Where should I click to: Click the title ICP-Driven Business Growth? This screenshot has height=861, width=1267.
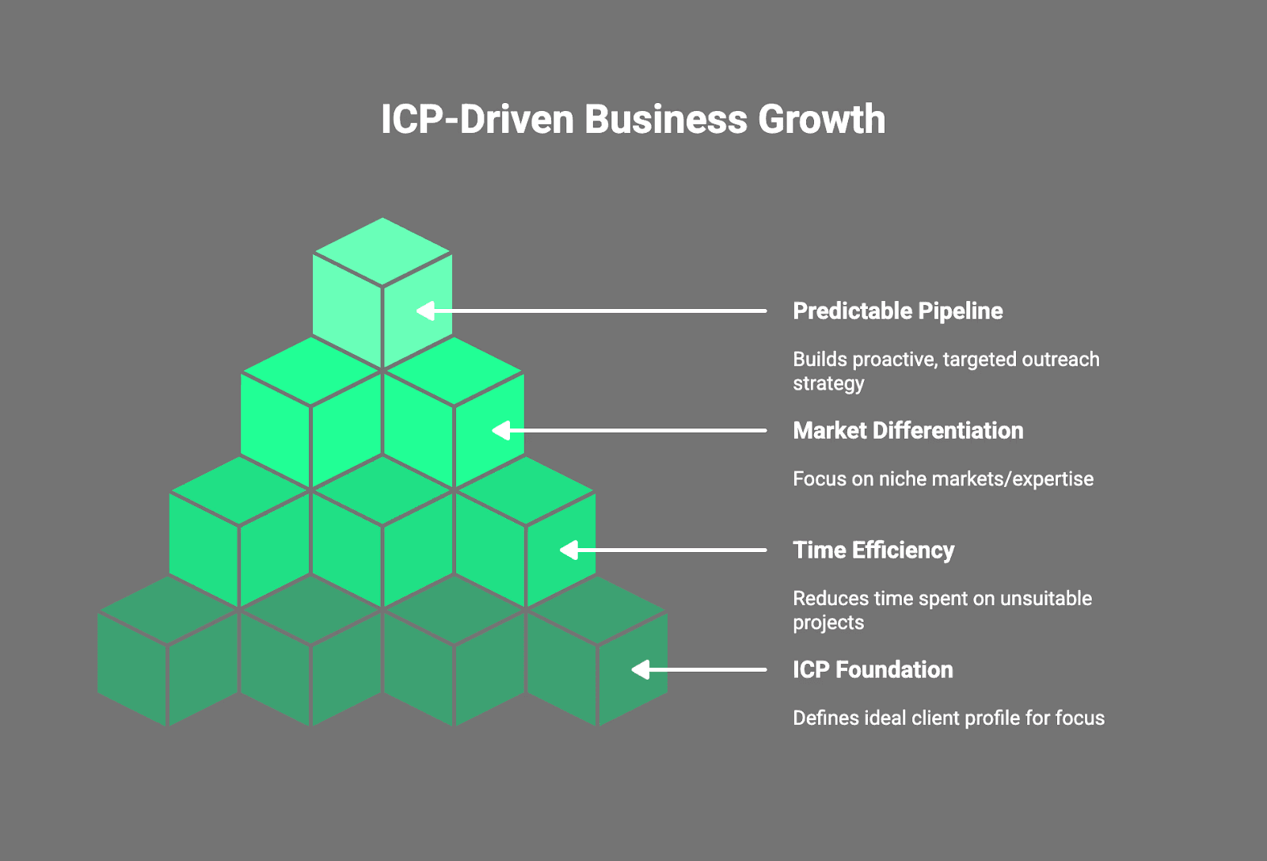(x=633, y=120)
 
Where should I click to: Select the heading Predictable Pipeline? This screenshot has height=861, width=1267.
(x=897, y=311)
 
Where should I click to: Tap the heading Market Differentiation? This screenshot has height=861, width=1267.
(x=907, y=431)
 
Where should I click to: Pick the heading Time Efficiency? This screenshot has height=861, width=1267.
(x=873, y=551)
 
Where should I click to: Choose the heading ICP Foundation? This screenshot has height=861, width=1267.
(x=873, y=670)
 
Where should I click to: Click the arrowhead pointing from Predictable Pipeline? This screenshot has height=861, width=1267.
(x=426, y=310)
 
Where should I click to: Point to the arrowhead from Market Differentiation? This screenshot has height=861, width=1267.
(x=501, y=431)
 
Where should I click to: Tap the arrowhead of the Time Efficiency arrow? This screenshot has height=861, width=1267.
(x=569, y=551)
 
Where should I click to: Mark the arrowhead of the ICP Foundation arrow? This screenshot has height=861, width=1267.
(x=640, y=670)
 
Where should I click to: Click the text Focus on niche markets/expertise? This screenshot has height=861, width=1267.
(x=942, y=479)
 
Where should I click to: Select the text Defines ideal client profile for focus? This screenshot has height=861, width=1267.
(x=948, y=718)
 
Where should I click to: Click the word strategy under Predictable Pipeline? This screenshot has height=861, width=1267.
(x=828, y=384)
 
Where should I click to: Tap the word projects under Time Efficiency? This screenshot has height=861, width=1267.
(x=828, y=623)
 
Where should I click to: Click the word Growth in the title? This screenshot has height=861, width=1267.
(x=821, y=120)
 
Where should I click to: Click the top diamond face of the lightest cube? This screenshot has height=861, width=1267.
(x=382, y=251)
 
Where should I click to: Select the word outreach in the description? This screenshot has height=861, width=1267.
(x=1060, y=360)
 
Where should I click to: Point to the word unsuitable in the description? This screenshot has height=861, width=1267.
(x=1045, y=599)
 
